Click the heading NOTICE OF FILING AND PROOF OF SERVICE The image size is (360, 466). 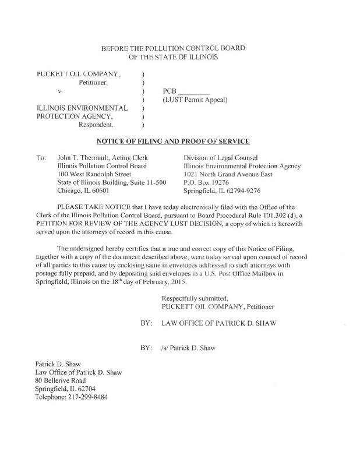pos(172,141)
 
